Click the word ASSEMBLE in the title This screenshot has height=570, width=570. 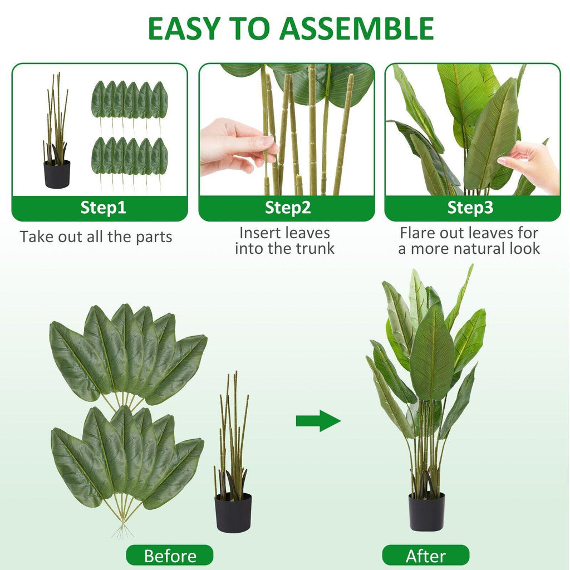[x=357, y=28]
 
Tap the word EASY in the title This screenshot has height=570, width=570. [x=184, y=28]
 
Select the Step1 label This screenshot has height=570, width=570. [x=103, y=208]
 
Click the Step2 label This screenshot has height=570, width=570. [x=288, y=208]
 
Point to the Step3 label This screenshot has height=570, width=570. [x=470, y=208]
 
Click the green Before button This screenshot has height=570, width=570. [x=170, y=556]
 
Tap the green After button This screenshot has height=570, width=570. [x=426, y=556]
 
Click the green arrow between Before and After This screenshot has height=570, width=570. [x=318, y=421]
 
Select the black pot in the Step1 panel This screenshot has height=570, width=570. [x=57, y=174]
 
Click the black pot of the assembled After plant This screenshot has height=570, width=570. [x=426, y=511]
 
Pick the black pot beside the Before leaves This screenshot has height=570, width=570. [x=233, y=513]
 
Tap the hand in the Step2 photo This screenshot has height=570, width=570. [x=236, y=147]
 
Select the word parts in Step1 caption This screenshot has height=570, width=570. [x=154, y=238]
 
